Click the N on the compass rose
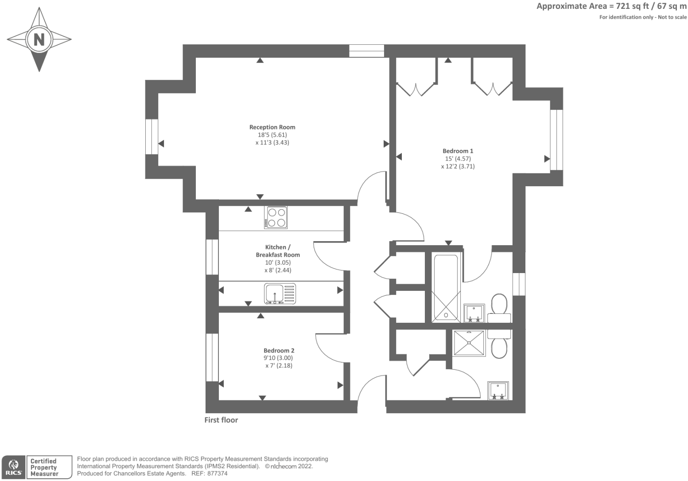point(39,39)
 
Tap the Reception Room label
point(272,127)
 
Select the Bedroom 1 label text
point(458,151)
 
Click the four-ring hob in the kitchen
point(276,217)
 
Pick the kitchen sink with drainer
point(280,293)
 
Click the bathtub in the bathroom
point(446,287)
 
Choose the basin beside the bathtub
point(474,313)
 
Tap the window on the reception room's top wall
point(366,51)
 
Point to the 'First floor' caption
point(221,420)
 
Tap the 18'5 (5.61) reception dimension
point(272,135)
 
